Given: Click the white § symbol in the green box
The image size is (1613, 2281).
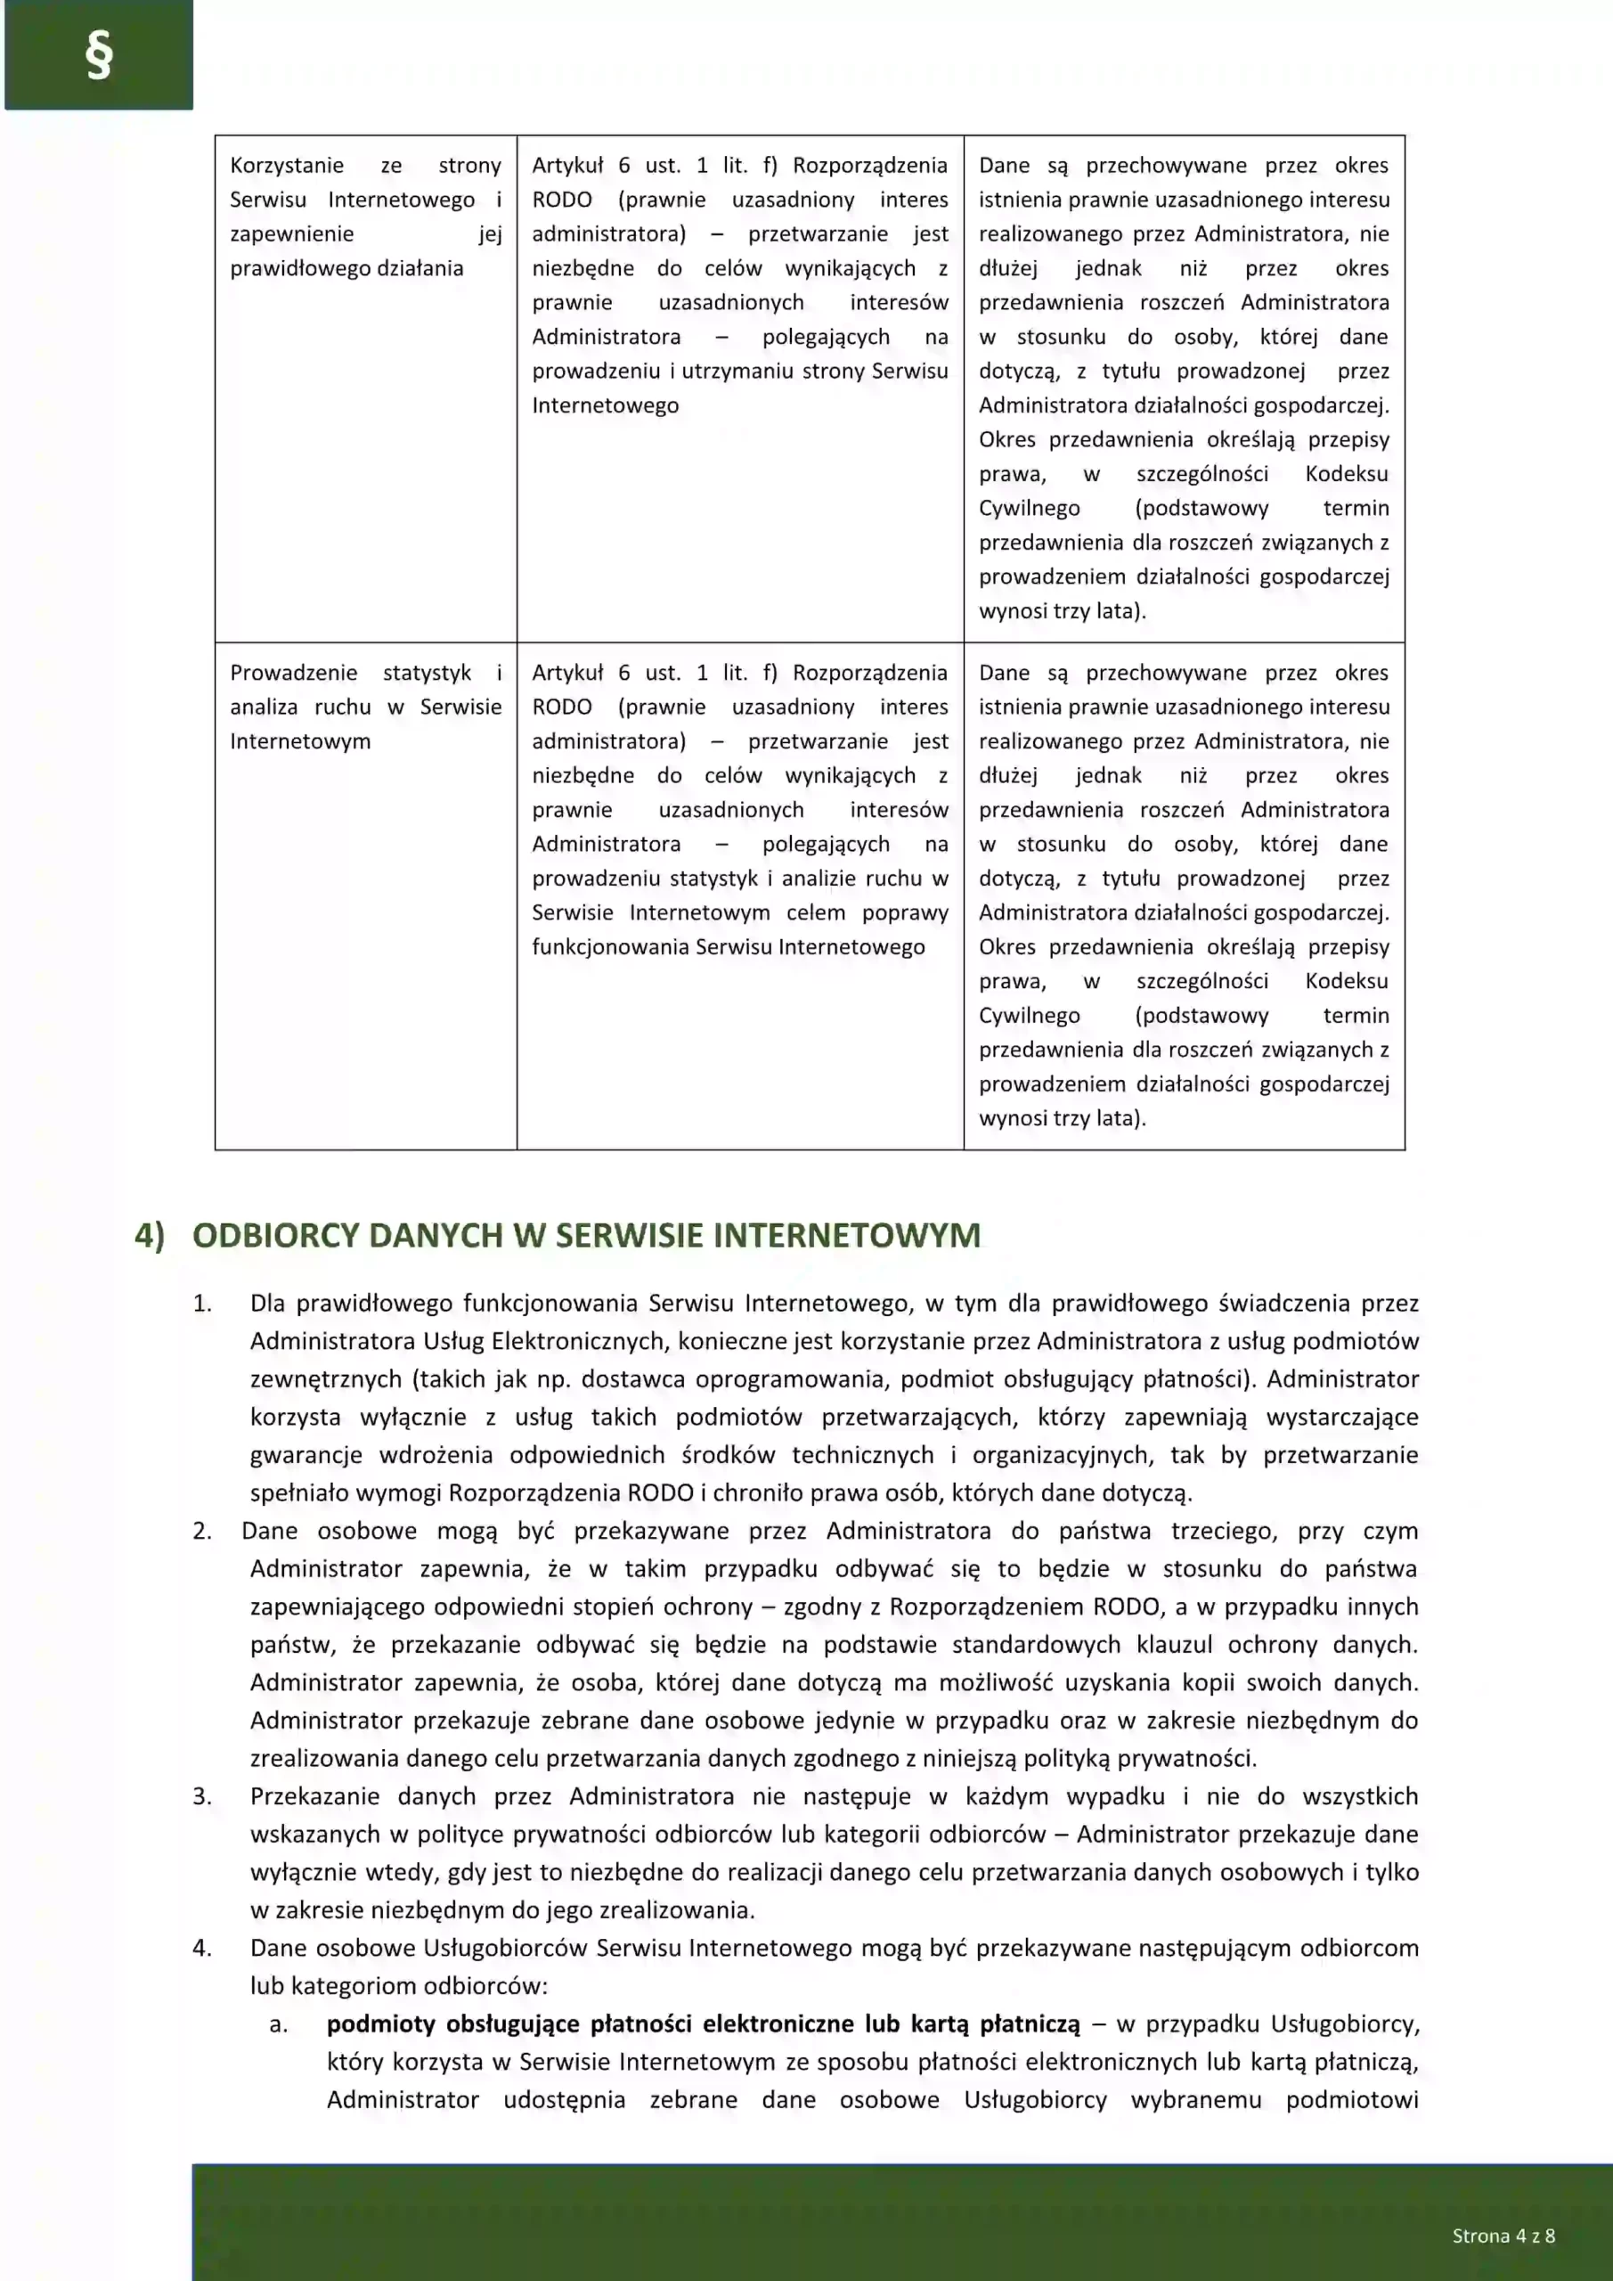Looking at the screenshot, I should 98,55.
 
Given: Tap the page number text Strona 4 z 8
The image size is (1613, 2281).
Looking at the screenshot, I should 1503,2236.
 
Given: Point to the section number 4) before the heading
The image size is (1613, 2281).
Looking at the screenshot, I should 150,1235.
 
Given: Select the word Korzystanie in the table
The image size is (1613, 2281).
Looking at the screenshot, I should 287,165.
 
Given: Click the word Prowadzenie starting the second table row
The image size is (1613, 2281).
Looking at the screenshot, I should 293,673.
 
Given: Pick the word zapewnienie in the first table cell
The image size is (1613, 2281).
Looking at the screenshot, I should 291,233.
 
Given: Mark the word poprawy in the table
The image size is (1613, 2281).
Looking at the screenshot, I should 905,912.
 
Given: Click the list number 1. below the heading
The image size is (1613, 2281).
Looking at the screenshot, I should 202,1304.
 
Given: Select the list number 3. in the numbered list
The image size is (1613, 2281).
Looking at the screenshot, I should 202,1796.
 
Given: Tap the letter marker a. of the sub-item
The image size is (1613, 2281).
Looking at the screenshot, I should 279,2023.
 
